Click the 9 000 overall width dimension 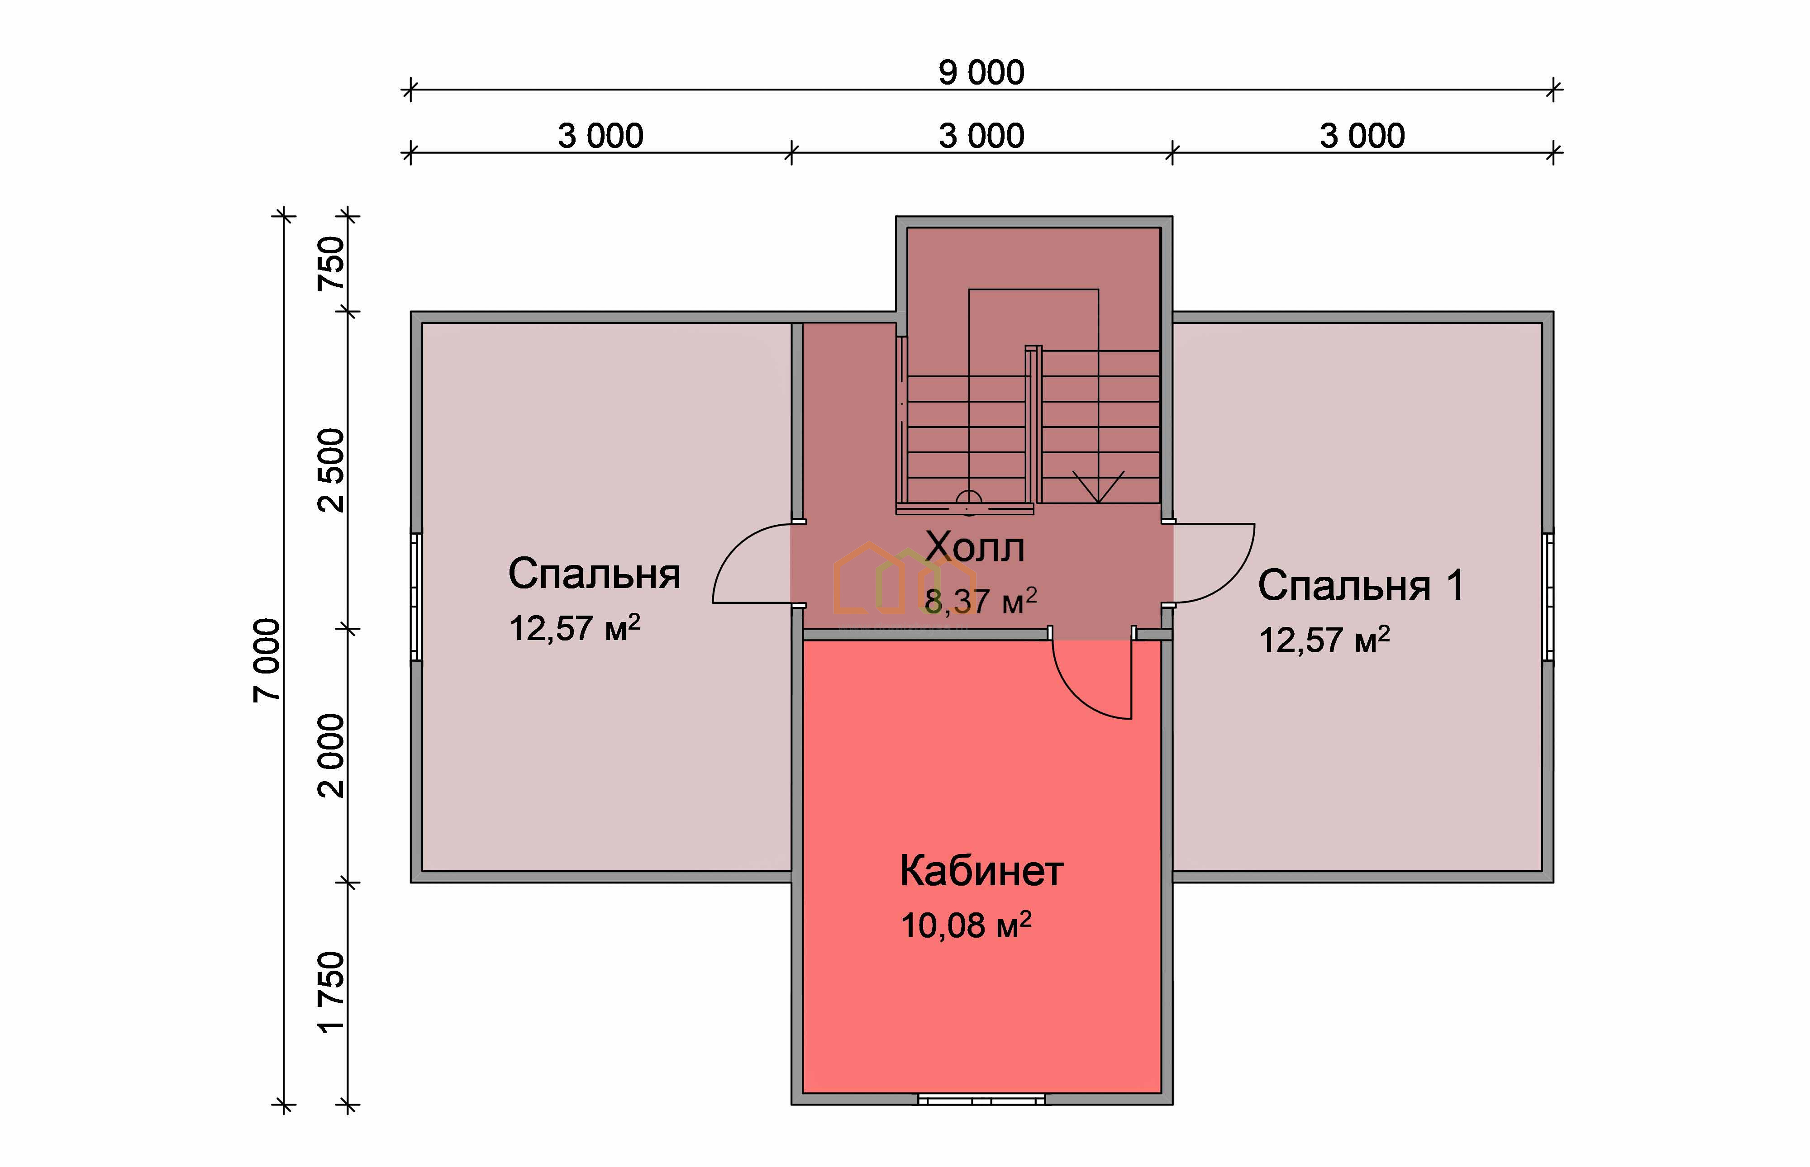click(981, 73)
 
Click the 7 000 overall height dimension click(267, 660)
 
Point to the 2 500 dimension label click(331, 470)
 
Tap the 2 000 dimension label click(331, 755)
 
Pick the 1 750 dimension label click(331, 993)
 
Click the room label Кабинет click(981, 872)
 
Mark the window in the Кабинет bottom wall click(981, 1099)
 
